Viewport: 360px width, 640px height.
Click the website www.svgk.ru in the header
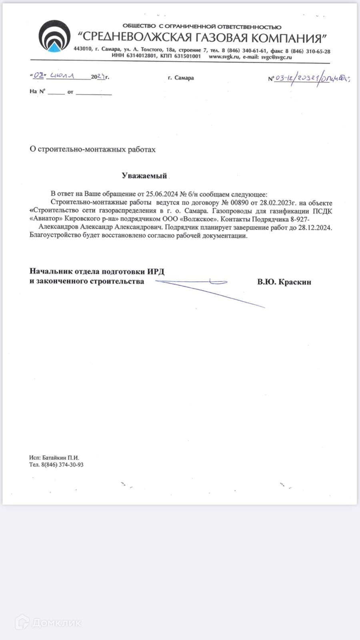(x=224, y=57)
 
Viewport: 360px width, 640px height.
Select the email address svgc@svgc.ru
(x=276, y=57)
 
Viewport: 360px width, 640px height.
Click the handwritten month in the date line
(x=62, y=76)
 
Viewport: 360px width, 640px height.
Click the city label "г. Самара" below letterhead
(x=181, y=78)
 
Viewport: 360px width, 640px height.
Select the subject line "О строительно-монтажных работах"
(x=92, y=149)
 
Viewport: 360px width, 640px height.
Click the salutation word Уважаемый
(x=144, y=176)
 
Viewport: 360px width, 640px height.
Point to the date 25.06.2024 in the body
(x=162, y=194)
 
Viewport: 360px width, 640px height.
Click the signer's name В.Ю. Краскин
(x=284, y=282)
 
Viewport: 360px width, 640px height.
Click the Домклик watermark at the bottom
(x=48, y=622)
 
